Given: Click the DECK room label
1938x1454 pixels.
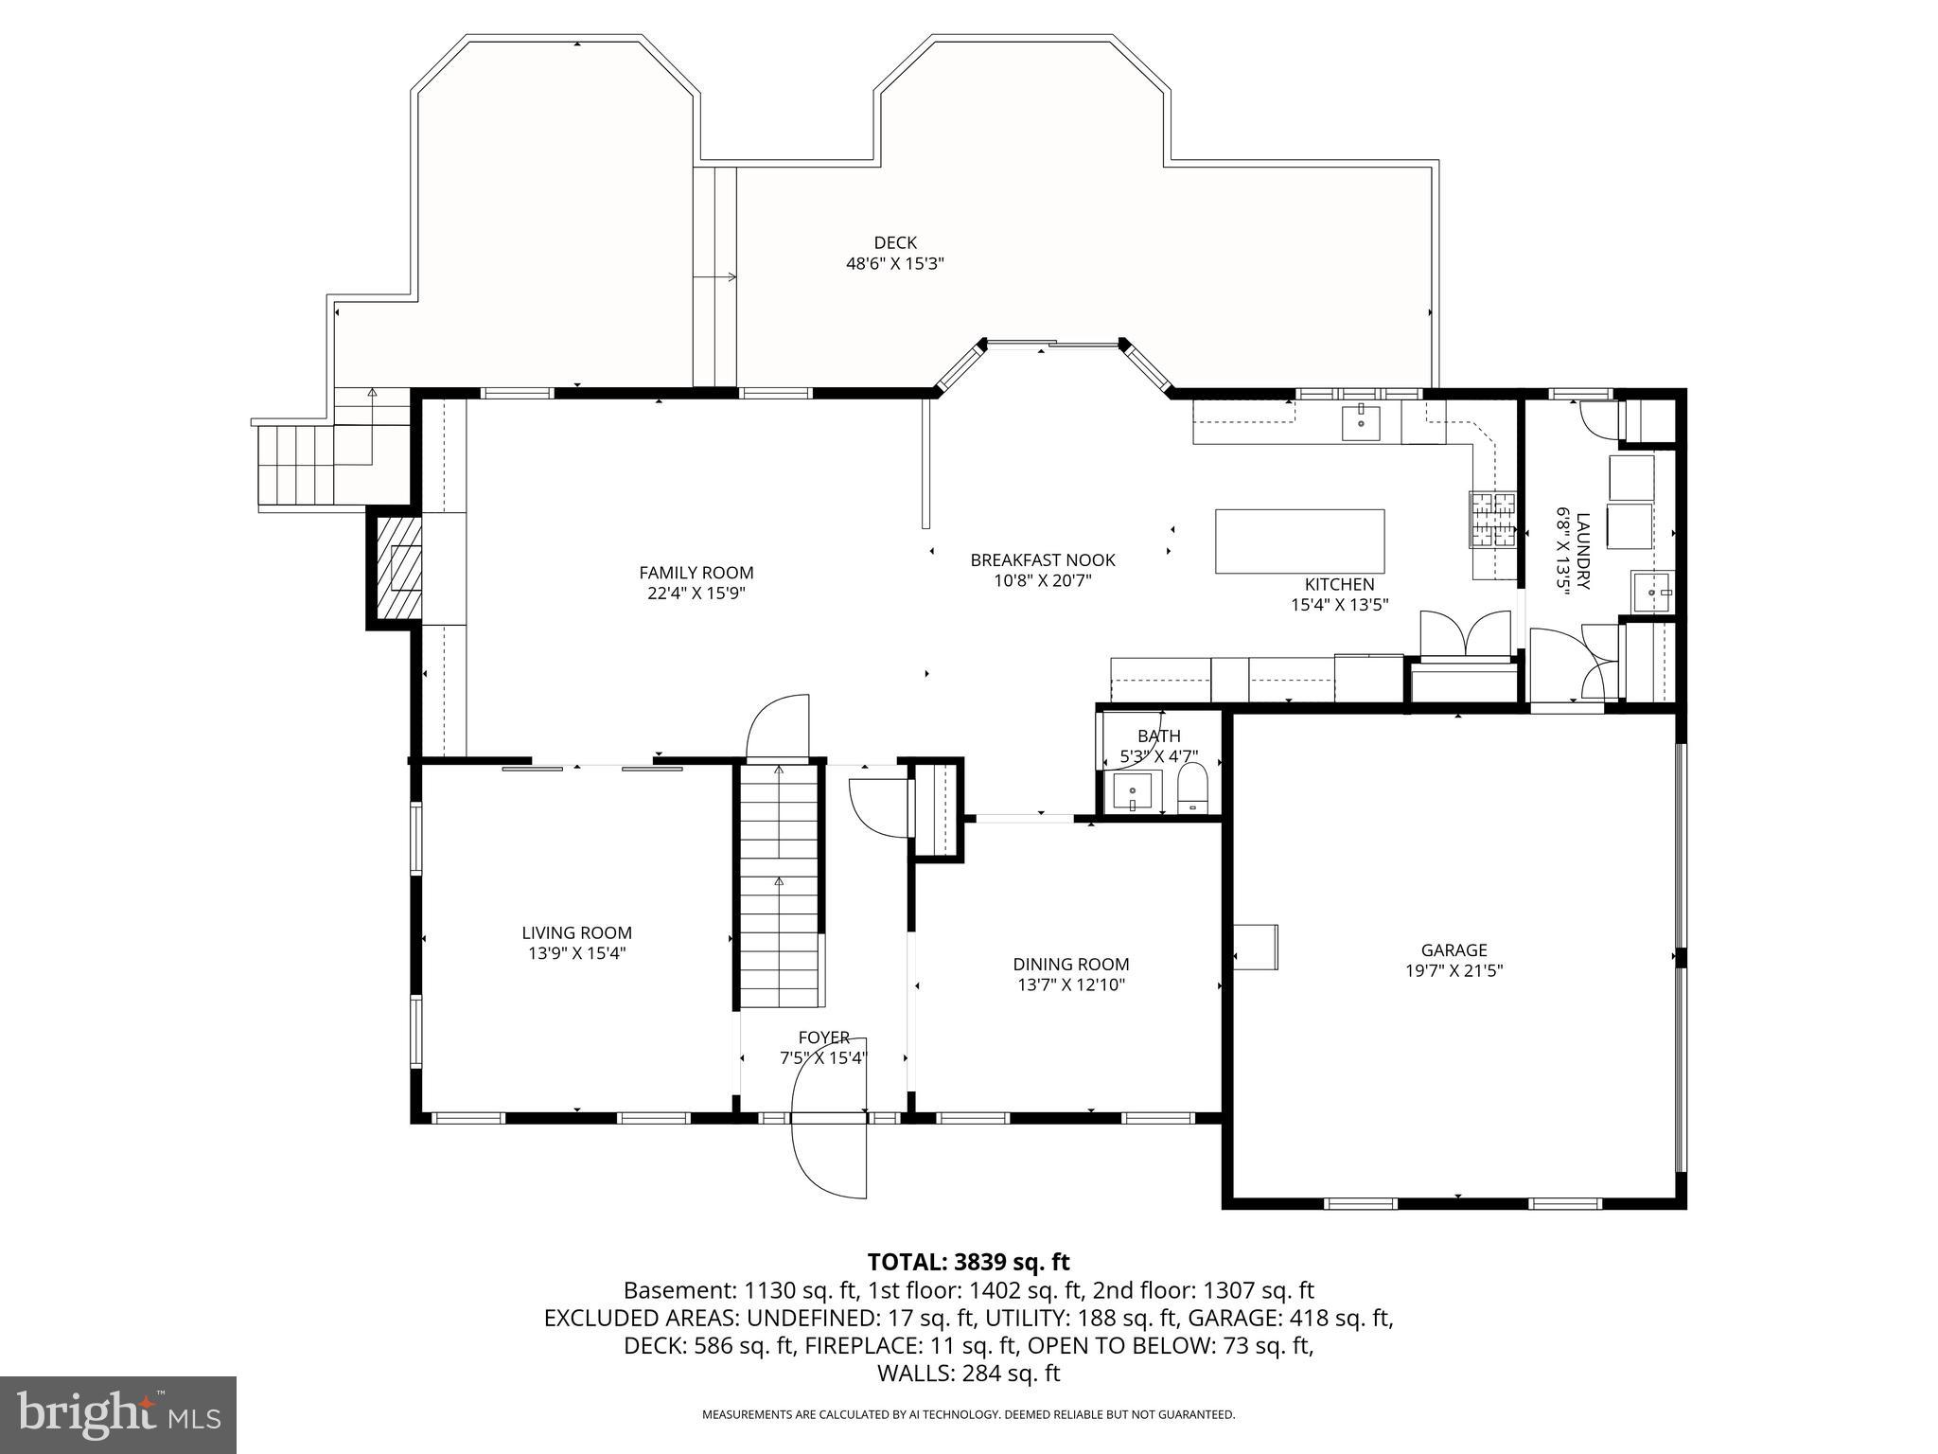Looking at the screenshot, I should (894, 243).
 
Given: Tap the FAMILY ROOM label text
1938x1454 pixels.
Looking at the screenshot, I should (696, 573).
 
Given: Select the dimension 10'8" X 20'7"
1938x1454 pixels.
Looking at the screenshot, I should (1043, 580).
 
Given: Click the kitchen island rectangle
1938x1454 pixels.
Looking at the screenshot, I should (1299, 541).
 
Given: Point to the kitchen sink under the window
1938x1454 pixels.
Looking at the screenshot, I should (1361, 422).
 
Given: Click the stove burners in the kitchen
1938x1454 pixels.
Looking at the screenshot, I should (1492, 521).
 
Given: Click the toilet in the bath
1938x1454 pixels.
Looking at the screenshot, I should (1193, 789).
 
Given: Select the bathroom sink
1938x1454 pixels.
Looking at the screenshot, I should (1133, 791).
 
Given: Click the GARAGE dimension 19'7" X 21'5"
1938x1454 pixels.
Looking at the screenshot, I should (1453, 970).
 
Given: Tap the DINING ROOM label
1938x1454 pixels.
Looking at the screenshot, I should (1070, 965).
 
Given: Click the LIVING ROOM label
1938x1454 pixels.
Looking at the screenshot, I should (576, 932).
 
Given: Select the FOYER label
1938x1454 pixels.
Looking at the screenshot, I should (823, 1037).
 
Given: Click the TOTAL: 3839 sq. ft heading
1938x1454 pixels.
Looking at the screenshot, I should (968, 1262).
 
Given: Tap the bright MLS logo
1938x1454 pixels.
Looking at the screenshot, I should (118, 1415).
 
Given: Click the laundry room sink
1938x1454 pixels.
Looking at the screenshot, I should (1653, 592).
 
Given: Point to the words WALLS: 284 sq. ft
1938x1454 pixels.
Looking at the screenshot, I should (968, 1374).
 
